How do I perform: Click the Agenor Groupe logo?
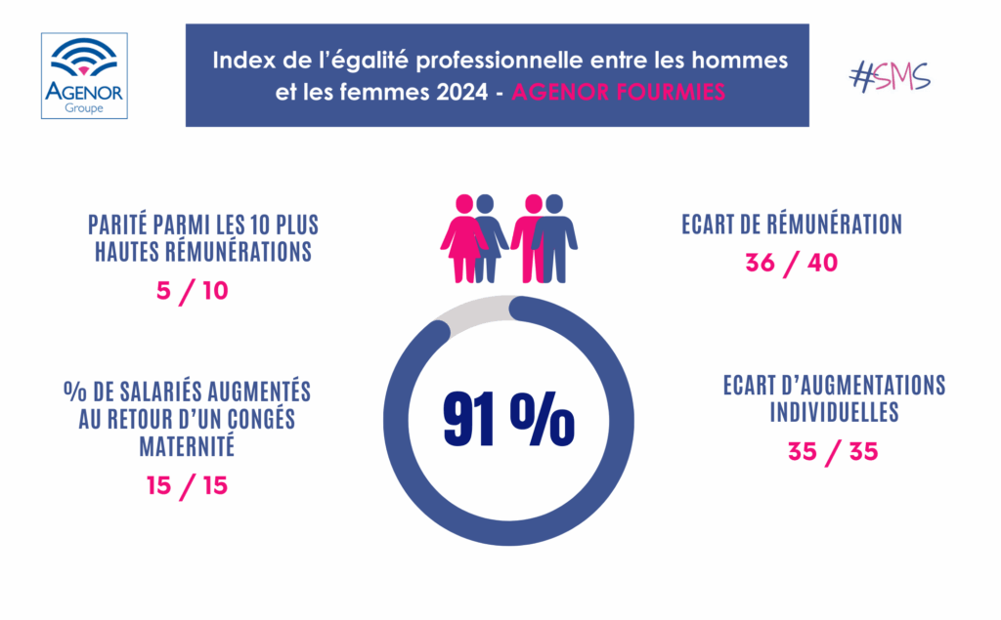(x=84, y=75)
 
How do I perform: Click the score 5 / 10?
(x=194, y=291)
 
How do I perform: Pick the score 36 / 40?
(x=791, y=264)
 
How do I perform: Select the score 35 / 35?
(x=833, y=451)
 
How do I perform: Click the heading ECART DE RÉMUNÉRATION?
(x=791, y=225)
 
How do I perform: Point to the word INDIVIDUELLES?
(x=834, y=412)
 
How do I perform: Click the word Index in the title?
(x=240, y=61)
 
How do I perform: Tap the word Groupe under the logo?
(x=84, y=108)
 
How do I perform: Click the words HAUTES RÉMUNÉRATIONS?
(x=202, y=252)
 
